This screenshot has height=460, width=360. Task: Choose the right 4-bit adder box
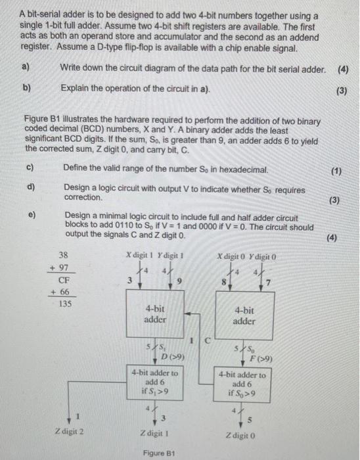click(x=244, y=317)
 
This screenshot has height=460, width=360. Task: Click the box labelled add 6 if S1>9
click(x=155, y=381)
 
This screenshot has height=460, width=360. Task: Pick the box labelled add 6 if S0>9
click(x=244, y=383)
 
